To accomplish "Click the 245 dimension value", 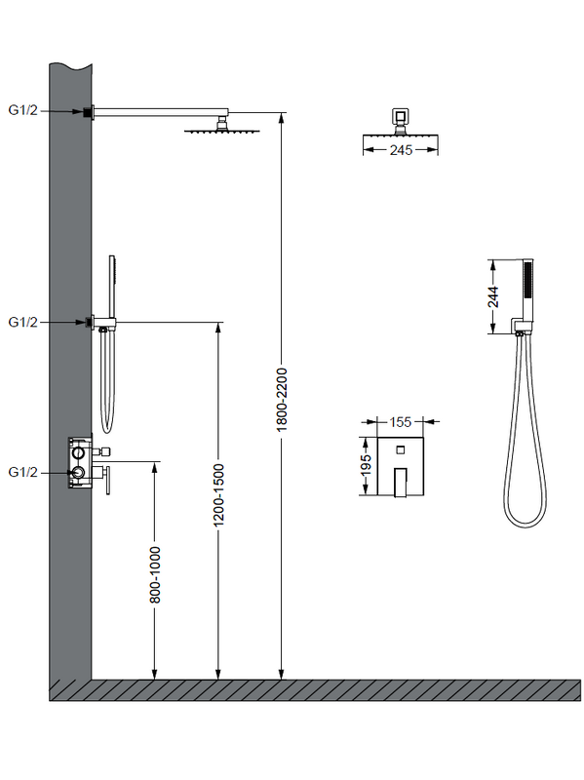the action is click(401, 150).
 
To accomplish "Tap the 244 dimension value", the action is click(493, 296).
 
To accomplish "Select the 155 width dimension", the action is click(401, 422).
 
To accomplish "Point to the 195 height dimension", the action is click(367, 466).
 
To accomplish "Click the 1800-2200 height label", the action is click(282, 400).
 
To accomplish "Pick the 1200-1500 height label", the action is click(218, 495).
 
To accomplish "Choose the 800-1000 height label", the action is click(155, 574).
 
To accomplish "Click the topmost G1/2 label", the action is click(22, 110).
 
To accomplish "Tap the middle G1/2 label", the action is click(22, 322).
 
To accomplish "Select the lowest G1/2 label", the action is click(22, 472).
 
